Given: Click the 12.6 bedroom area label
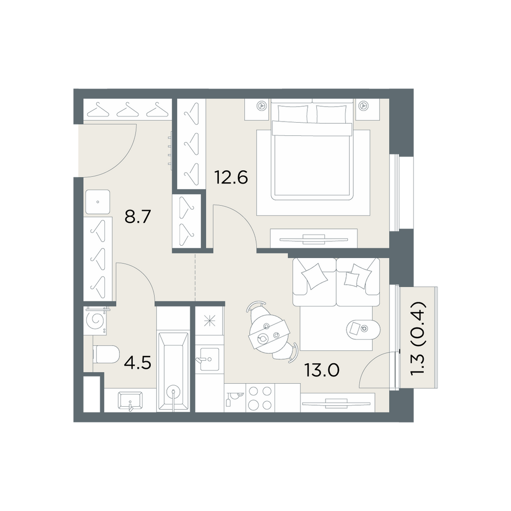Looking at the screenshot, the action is [x=231, y=178].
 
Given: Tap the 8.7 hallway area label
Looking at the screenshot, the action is [x=138, y=216].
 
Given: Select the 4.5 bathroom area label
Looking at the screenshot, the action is [x=138, y=363].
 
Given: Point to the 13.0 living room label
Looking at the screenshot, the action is [x=322, y=370].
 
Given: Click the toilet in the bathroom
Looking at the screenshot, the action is [x=106, y=355].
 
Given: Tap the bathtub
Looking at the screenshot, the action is [x=173, y=371].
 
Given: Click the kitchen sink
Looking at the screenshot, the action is [x=209, y=359].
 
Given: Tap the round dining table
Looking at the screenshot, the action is [x=268, y=333].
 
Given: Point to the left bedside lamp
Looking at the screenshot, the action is [x=261, y=105].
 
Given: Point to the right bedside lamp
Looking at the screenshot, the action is [x=363, y=105].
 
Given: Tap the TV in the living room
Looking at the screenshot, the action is [x=337, y=404].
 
